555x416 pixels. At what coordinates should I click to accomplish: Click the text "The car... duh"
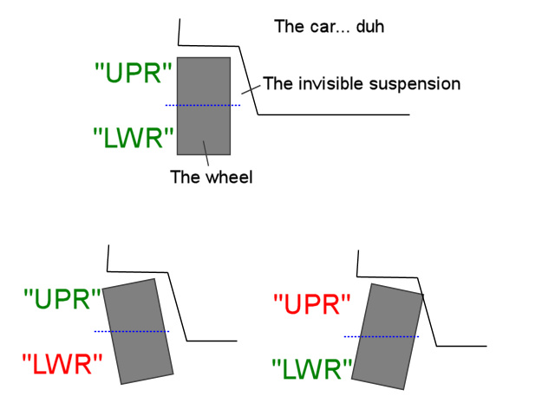[329, 27]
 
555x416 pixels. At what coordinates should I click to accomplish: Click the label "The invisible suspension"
[361, 84]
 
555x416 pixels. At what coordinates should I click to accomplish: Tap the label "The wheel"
[211, 178]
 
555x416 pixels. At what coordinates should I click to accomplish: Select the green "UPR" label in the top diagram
[134, 74]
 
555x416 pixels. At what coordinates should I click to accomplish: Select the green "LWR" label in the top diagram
[134, 137]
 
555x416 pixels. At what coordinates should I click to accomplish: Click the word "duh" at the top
[369, 27]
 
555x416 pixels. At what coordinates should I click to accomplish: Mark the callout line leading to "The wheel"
[207, 156]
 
